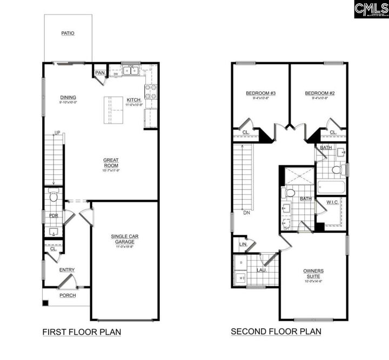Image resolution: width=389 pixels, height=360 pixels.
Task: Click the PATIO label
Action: (68, 33)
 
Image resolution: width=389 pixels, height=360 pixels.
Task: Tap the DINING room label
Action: (68, 98)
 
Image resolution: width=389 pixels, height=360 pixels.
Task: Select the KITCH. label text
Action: (134, 100)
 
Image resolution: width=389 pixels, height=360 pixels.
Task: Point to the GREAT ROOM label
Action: (111, 162)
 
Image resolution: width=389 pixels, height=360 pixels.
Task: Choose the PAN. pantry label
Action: (99, 72)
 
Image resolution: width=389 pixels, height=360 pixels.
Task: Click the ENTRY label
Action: (67, 270)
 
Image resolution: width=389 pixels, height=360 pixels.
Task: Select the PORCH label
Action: (68, 295)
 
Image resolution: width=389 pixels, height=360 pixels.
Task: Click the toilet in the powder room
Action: (53, 196)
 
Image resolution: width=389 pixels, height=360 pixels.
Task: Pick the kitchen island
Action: (114, 110)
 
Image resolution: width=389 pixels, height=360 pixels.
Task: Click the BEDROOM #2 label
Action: (320, 93)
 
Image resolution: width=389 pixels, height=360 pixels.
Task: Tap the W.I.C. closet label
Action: (332, 203)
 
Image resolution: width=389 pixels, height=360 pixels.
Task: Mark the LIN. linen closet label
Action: (243, 244)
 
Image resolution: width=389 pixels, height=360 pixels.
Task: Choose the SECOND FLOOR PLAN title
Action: (276, 331)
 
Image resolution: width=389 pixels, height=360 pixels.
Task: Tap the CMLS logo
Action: (371, 9)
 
